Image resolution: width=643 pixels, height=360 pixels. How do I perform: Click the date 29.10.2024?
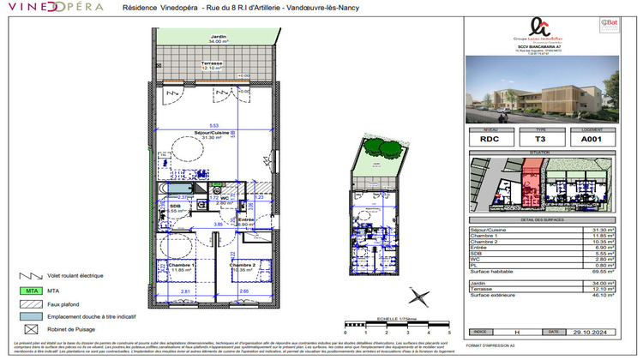point(592,330)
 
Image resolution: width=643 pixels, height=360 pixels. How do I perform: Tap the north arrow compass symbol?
point(421,297)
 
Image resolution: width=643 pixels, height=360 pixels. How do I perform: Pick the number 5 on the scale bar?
point(449,330)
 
